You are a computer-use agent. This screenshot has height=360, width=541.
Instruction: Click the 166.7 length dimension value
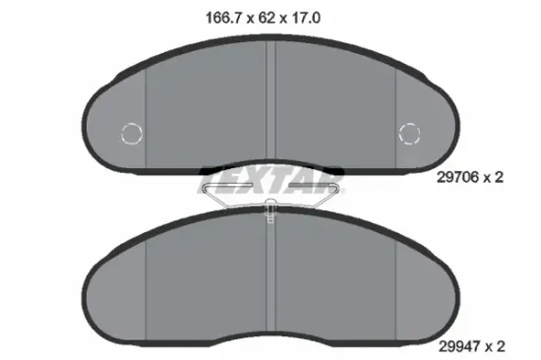(222, 18)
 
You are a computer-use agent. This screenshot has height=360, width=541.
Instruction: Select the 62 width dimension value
(267, 18)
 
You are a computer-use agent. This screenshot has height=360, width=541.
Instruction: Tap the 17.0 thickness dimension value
(306, 18)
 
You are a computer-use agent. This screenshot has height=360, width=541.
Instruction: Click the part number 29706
(457, 177)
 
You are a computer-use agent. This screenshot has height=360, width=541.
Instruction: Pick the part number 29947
(459, 346)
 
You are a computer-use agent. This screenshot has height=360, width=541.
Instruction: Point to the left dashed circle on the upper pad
(132, 133)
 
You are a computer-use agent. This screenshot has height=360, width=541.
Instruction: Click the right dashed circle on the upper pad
(409, 133)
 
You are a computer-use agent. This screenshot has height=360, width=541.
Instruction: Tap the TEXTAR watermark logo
(270, 181)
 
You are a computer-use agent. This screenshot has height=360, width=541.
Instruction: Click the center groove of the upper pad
(270, 100)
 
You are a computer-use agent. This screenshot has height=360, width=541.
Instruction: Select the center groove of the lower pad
(270, 276)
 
